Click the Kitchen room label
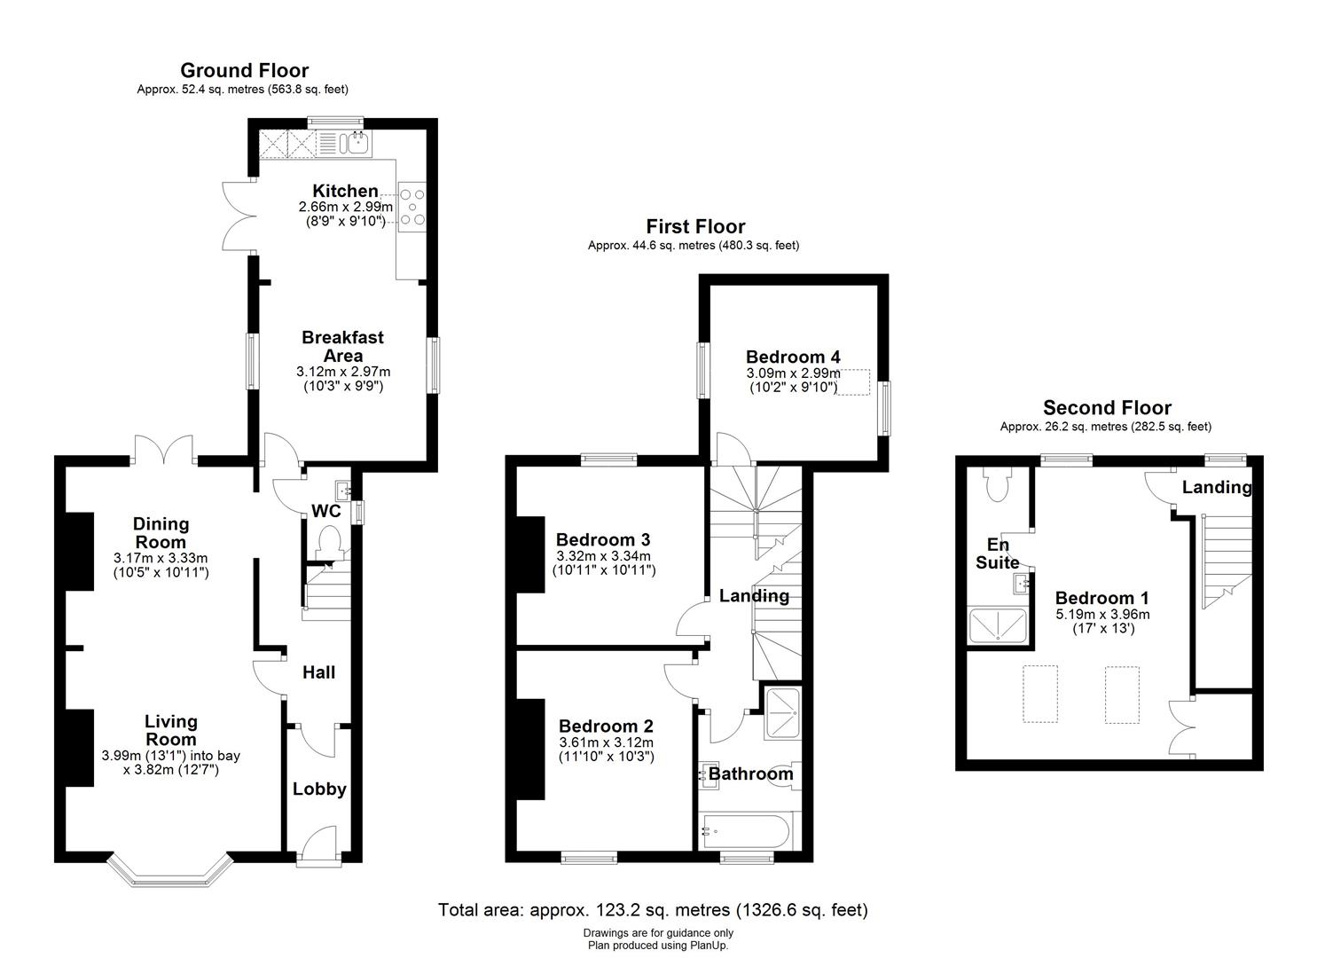point(345,191)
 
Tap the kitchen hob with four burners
point(412,208)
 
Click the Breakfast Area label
point(342,346)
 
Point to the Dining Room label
point(161,533)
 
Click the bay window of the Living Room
point(169,871)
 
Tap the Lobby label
point(319,789)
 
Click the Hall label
point(318,672)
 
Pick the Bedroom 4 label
point(793,357)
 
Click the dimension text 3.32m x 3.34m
point(603,556)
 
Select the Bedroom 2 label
point(606,726)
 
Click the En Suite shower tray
point(999,625)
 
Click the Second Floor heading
point(1107,408)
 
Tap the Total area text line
point(653,910)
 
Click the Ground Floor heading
point(244,71)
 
